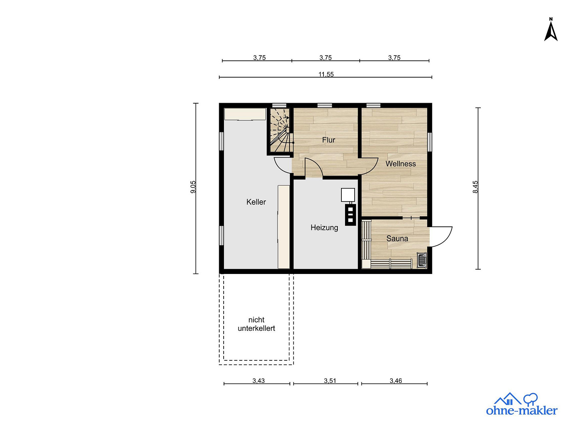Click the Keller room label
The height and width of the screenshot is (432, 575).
pyautogui.click(x=256, y=202)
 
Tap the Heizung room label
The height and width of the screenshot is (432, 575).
pyautogui.click(x=324, y=228)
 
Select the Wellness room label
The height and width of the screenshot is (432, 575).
pyautogui.click(x=401, y=164)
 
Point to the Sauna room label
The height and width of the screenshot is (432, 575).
pyautogui.click(x=397, y=238)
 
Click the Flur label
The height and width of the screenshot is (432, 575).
pyautogui.click(x=329, y=140)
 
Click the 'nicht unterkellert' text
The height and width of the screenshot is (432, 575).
pyautogui.click(x=256, y=324)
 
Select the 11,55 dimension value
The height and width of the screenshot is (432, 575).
pyautogui.click(x=326, y=74)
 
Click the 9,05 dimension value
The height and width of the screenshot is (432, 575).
pyautogui.click(x=193, y=187)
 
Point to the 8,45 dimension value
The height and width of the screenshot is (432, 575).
pyautogui.click(x=475, y=187)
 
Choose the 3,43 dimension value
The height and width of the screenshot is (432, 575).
pyautogui.click(x=259, y=380)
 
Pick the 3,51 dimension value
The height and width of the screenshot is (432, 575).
pyautogui.click(x=330, y=380)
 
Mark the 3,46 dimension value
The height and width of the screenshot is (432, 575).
pyautogui.click(x=396, y=380)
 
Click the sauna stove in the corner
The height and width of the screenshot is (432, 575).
pyautogui.click(x=422, y=260)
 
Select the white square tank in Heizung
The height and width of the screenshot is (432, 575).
pyautogui.click(x=348, y=195)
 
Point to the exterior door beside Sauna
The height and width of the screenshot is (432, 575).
pyautogui.click(x=441, y=237)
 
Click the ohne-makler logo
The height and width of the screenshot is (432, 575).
pyautogui.click(x=521, y=405)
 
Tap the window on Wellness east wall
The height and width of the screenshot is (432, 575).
pyautogui.click(x=430, y=142)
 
